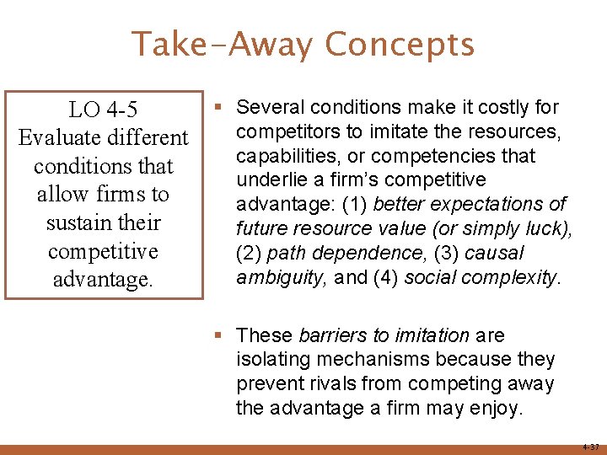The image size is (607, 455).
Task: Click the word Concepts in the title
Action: tap(400, 45)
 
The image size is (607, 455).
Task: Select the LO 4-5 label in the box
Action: tap(104, 110)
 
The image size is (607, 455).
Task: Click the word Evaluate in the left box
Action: tap(55, 137)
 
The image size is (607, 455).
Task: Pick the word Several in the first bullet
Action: tap(267, 107)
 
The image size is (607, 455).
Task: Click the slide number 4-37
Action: tap(589, 447)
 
